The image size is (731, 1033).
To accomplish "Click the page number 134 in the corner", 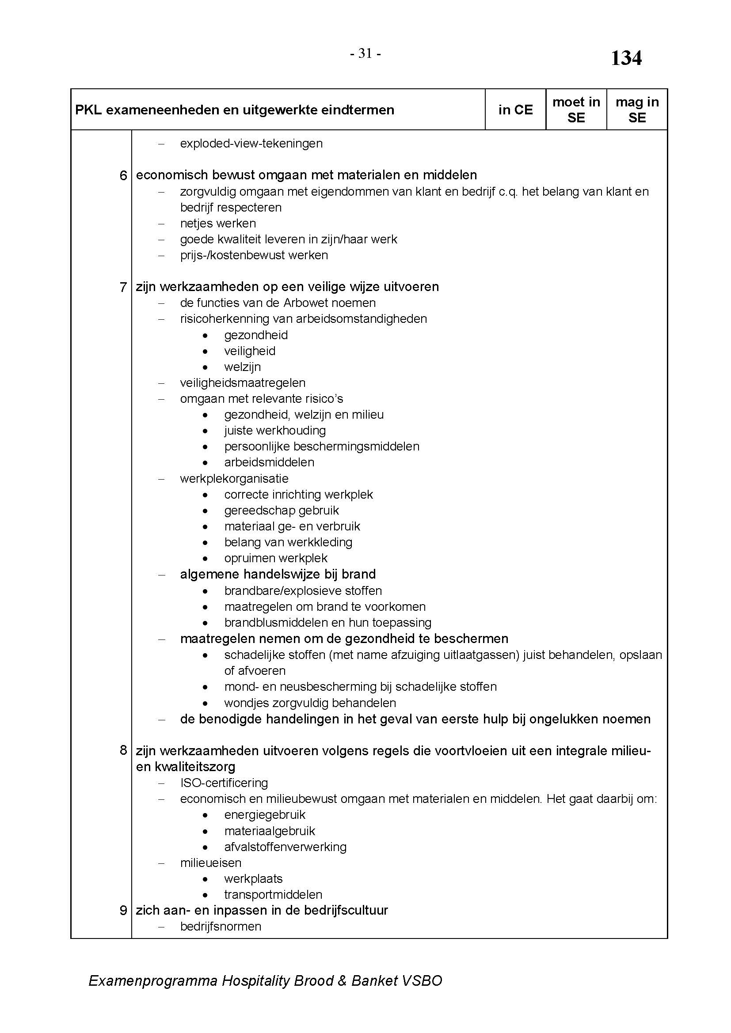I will tap(626, 58).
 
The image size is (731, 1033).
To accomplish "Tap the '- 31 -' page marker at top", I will tap(365, 54).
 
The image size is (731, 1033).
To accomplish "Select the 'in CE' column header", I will tap(515, 110).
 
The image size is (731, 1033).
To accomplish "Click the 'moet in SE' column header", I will tap(576, 110).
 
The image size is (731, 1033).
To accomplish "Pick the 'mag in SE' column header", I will tap(637, 110).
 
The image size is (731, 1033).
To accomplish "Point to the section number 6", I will tap(123, 175).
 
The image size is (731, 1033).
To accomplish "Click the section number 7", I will tap(123, 287).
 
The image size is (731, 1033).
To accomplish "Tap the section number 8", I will tap(123, 750).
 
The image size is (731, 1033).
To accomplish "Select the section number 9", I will tap(123, 910).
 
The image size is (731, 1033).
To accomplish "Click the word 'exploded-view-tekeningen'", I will tap(251, 144).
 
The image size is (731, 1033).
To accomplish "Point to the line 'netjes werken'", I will tap(218, 223).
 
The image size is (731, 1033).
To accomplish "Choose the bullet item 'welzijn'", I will tap(243, 367).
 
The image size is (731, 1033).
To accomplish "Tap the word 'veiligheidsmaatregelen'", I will tap(243, 383).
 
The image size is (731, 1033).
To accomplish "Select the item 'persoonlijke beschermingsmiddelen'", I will tap(322, 446).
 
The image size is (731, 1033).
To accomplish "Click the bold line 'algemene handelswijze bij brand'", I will tap(278, 574).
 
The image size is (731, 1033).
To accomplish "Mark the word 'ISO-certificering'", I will tap(224, 783).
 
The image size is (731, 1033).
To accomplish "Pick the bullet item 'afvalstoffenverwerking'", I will tap(286, 847).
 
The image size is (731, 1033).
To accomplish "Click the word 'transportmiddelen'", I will tap(273, 894).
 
